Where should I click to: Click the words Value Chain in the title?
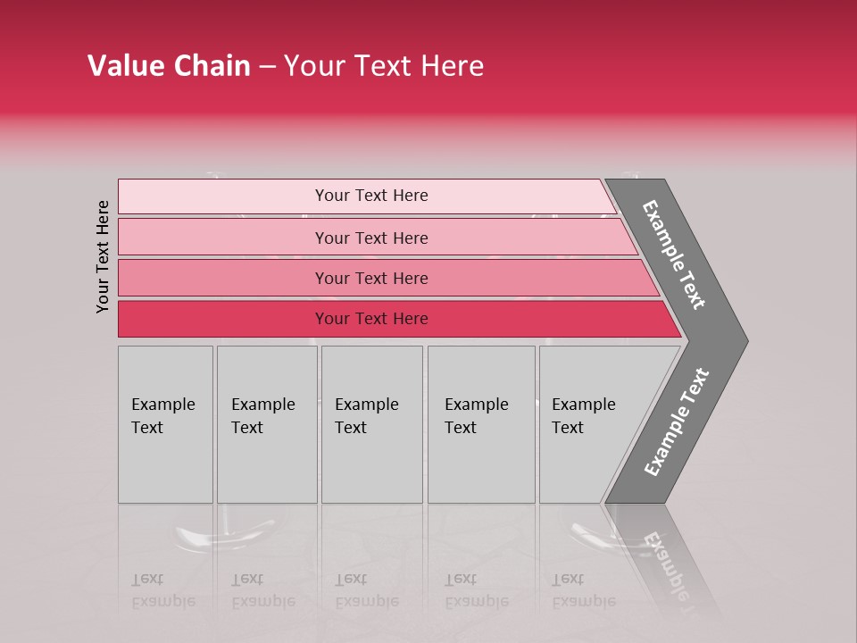pos(169,66)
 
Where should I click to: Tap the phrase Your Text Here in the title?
pos(384,66)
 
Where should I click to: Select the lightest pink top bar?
pos(223,196)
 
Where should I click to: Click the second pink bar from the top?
pos(223,238)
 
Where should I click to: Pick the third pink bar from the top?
pos(223,278)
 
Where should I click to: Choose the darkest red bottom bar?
pos(223,319)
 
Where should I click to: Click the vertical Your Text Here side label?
pos(103,256)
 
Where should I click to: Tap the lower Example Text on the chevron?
pos(676,422)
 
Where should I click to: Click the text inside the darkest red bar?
pos(371,319)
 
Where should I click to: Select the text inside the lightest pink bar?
pos(371,196)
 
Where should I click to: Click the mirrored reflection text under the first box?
pos(162,590)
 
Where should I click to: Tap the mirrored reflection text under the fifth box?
pos(583,590)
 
